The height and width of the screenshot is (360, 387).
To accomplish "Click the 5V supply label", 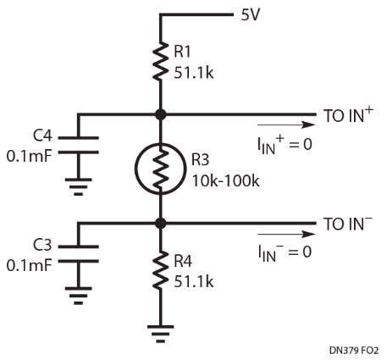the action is pos(250,14).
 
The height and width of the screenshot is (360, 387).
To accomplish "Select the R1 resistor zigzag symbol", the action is pos(161,61).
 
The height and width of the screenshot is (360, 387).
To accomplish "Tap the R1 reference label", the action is pos(182,52).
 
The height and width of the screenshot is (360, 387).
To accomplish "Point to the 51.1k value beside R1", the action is pos(194,73).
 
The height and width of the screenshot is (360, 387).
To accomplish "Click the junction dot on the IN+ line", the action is pos(161,114).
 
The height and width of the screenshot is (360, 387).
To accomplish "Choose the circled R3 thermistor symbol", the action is pos(161,169).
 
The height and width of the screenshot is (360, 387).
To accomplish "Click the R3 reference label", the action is pos(201,159).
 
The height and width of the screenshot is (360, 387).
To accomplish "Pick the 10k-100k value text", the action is pos(225,180).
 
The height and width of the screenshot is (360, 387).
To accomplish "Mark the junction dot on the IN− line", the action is pos(161,224).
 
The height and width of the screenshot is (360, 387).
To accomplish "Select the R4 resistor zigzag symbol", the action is pos(161,270).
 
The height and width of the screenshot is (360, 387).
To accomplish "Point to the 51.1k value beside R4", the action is pos(194,281).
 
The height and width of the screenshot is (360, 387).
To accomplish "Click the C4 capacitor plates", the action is pos(79,145).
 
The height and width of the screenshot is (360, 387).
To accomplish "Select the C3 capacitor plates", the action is pos(79,254).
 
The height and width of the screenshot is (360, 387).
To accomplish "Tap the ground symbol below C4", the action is pos(79,186).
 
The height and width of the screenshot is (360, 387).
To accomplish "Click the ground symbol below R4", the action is pos(161,334).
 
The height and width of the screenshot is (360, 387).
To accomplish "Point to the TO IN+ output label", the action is pos(348,114).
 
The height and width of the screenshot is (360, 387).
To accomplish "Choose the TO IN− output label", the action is pos(348,224).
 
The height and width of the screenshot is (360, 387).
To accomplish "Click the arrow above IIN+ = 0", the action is pos(286,125).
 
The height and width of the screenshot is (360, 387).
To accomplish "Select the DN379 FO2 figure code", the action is pos(354,351).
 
